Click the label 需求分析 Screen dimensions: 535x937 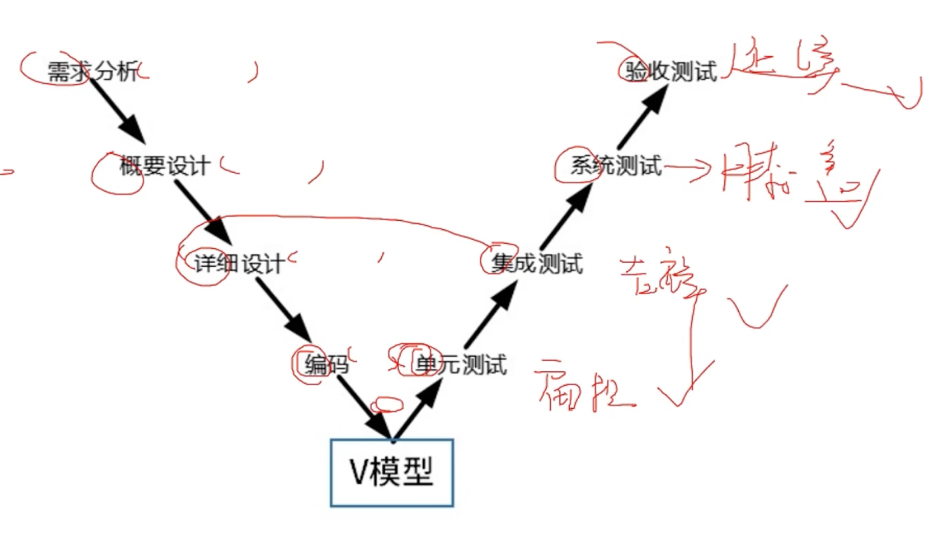coord(93,72)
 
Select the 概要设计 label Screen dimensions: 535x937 coord(165,166)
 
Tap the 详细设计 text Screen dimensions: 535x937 coord(239,264)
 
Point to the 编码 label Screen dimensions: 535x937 coord(326,365)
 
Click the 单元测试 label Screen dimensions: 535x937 coord(461,365)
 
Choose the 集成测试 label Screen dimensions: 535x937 coord(537,264)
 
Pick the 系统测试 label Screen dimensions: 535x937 coord(615,166)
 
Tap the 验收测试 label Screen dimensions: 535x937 coord(672,72)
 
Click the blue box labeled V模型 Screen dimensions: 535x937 coord(392,473)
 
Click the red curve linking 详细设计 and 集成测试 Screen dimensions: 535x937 coord(352,218)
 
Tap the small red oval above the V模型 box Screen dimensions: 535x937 coord(387,405)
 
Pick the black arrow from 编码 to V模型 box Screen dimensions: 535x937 coord(364,406)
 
